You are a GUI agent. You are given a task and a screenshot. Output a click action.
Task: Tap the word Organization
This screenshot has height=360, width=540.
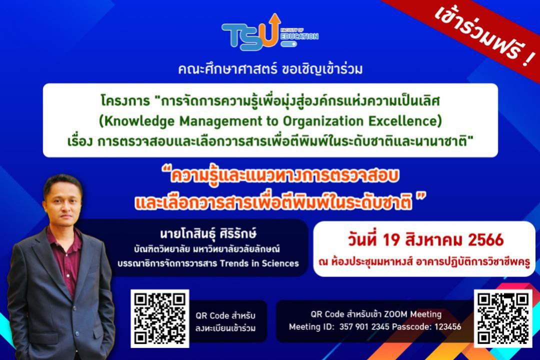pyautogui.click(x=322, y=121)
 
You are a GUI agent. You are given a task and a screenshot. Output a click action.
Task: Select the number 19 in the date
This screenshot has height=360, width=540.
pyautogui.click(x=391, y=240)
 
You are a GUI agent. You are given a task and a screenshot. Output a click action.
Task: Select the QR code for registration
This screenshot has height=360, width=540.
pyautogui.click(x=160, y=318)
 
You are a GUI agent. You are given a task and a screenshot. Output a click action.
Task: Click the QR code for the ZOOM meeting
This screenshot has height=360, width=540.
pyautogui.click(x=503, y=318)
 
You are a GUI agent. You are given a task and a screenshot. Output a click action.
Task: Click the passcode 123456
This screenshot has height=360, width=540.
pyautogui.click(x=447, y=326)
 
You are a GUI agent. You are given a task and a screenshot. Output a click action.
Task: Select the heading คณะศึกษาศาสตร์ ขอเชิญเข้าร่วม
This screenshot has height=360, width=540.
pyautogui.click(x=270, y=69)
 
